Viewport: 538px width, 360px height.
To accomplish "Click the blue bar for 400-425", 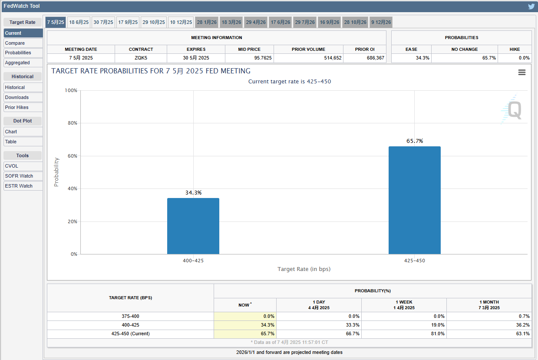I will tap(193, 226).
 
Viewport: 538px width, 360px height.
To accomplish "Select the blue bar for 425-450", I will tap(414, 200).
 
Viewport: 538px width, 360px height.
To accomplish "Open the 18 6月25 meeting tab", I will tap(79, 22).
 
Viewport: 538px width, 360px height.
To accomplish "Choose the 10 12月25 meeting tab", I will tap(181, 22).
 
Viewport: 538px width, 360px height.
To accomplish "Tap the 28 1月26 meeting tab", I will tap(206, 22).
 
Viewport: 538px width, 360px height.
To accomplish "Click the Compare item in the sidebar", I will tap(23, 43).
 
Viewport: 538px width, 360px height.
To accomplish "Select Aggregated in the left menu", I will tap(23, 63).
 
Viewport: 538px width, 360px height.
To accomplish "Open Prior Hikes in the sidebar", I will tap(23, 107).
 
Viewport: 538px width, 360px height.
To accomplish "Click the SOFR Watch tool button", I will tap(23, 176).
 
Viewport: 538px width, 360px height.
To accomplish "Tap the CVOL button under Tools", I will tap(23, 166).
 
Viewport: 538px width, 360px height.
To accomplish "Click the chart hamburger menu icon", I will tap(522, 73).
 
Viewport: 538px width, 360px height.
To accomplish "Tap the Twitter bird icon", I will tap(531, 7).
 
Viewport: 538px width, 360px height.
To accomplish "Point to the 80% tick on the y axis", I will tap(71, 123).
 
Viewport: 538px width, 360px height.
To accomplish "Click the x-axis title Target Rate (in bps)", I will tap(304, 269).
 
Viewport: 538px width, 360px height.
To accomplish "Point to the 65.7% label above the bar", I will tap(414, 141).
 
